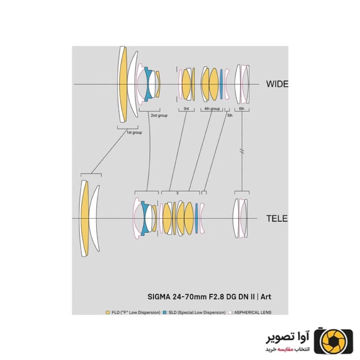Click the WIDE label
(277, 84)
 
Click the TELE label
(277, 218)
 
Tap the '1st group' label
(134, 132)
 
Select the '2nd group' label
(159, 116)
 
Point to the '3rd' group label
(186, 108)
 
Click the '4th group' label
(212, 108)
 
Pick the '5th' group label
(230, 116)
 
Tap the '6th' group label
(242, 108)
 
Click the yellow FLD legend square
(108, 312)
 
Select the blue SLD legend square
(164, 312)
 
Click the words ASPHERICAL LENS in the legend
(252, 312)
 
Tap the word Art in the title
(266, 297)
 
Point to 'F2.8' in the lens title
(216, 297)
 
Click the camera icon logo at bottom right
(333, 342)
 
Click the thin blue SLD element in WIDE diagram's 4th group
(221, 84)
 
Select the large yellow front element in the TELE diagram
(85, 218)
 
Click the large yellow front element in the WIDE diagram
(123, 84)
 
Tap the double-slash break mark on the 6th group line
(242, 151)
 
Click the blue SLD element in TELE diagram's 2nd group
(144, 218)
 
